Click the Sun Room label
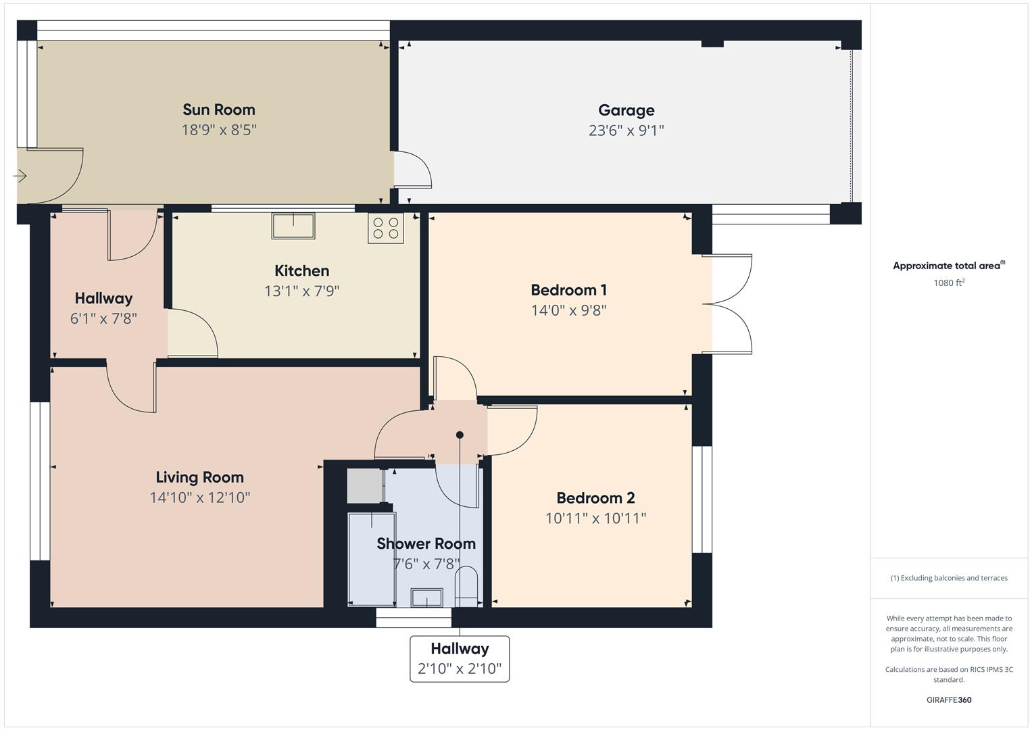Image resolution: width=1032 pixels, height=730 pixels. point(218,109)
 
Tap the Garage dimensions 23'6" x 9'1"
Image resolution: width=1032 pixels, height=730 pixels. point(626,130)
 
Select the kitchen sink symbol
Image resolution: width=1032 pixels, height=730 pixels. point(293,225)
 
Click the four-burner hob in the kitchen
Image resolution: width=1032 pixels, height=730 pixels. point(385,228)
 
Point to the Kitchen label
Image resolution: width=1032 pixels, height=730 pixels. point(301,271)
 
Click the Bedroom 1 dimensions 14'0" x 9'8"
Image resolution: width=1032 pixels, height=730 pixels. point(568,310)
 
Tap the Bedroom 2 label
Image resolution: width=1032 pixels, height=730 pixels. point(595,498)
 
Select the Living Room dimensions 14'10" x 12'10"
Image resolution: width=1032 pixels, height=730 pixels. point(200,498)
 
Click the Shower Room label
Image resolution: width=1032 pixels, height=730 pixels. point(426,543)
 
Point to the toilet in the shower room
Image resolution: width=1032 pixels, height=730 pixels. point(467,583)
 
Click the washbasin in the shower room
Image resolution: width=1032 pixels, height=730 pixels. point(427,597)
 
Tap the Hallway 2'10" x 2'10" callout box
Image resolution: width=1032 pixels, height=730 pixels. point(460,658)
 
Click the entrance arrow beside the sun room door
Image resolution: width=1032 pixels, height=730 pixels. point(20,176)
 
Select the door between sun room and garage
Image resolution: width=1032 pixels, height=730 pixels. point(412,169)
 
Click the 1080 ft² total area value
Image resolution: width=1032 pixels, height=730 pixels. point(948,283)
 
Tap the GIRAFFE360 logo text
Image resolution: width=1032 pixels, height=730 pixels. point(948,700)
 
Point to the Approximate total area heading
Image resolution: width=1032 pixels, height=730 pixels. point(948,266)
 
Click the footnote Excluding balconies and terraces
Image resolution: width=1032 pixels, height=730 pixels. point(948,578)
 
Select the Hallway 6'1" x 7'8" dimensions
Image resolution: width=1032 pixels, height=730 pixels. point(103,318)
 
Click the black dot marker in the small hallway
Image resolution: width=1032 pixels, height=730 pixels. point(460,435)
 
